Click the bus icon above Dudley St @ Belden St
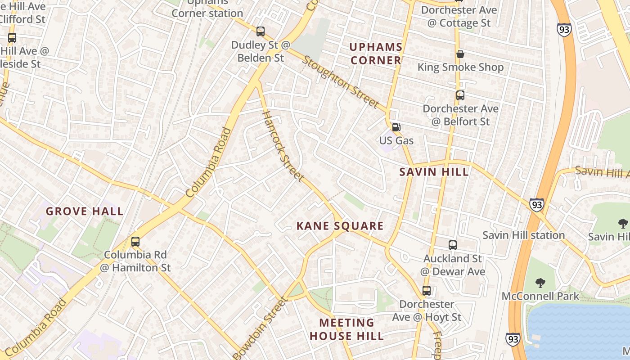[x=261, y=31]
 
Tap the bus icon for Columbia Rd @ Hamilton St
[x=135, y=242]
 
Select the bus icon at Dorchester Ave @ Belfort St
[x=460, y=95]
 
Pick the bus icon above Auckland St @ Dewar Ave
[x=453, y=245]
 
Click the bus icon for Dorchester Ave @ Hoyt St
[x=426, y=291]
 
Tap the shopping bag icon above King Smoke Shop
[x=460, y=54]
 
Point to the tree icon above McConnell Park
[x=540, y=283]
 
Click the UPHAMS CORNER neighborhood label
[x=376, y=54]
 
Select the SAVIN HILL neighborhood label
[x=434, y=172]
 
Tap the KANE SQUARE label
[x=340, y=226]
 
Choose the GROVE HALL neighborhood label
[x=85, y=211]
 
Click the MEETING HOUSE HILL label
[x=346, y=329]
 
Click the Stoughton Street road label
[x=341, y=82]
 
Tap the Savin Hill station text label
[x=523, y=235]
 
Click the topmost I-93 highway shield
[x=563, y=30]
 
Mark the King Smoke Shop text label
[x=460, y=67]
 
